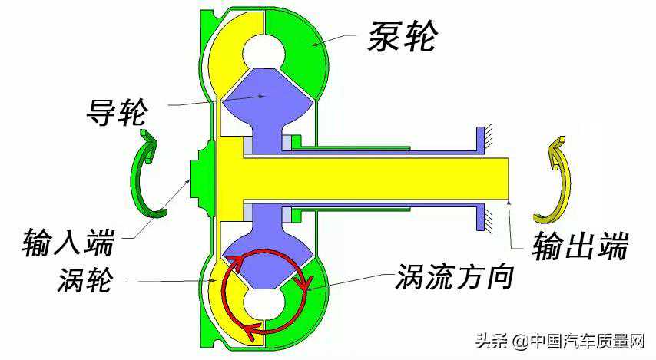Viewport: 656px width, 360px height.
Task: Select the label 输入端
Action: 68,243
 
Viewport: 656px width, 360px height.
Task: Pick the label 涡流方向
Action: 454,277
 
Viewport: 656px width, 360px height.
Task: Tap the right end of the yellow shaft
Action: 507,178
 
